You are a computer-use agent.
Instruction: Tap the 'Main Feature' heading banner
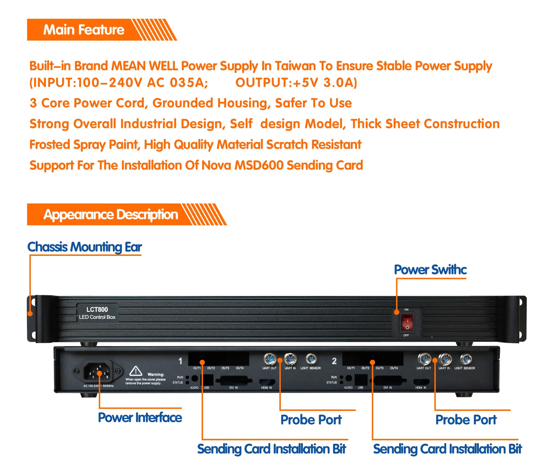84,30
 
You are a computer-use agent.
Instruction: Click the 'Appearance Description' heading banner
111,215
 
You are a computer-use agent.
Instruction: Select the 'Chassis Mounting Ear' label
85,247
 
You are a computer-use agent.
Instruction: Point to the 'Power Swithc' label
430,270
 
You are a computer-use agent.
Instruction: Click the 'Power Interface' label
140,418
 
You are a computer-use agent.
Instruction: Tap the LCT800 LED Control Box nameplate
97,313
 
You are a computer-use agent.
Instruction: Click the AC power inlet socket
97,371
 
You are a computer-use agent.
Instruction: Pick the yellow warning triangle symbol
136,371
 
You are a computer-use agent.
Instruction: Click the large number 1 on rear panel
180,361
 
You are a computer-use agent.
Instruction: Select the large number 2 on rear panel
334,361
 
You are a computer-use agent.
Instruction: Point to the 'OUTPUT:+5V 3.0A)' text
296,83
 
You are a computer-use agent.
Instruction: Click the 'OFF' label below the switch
406,335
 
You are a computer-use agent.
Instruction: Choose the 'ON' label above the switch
406,309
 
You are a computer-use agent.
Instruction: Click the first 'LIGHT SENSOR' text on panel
310,368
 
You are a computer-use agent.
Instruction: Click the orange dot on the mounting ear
30,314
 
